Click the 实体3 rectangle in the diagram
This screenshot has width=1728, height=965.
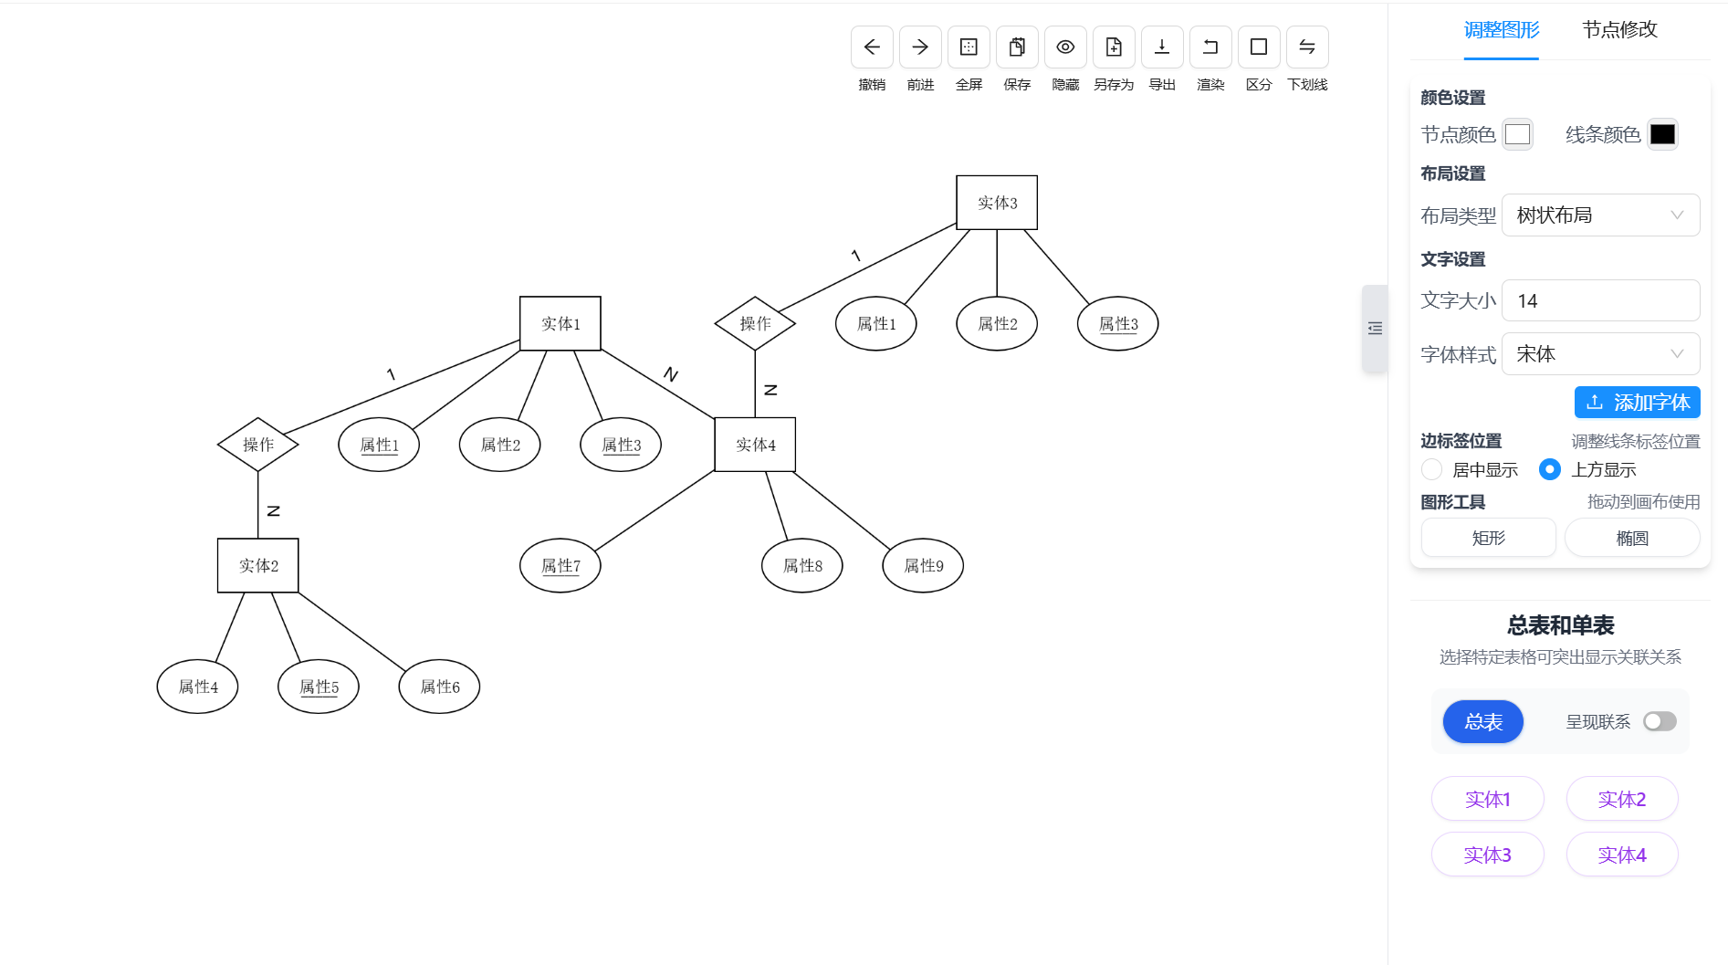pos(996,203)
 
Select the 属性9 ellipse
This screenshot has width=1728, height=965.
pos(923,566)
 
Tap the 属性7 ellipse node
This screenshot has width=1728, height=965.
pos(560,566)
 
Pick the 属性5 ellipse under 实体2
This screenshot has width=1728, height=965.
pos(318,687)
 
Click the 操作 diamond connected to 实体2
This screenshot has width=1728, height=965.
pos(258,445)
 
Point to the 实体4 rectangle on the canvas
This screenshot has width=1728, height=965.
pos(755,445)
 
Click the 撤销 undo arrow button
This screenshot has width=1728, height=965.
pos(872,47)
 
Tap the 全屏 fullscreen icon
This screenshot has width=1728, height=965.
pos(969,47)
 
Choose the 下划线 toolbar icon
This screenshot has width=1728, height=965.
pos(1306,47)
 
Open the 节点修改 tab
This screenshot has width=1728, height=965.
pos(1619,30)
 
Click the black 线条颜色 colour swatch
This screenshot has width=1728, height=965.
pos(1662,134)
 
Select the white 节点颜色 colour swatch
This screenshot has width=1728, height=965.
pos(1517,134)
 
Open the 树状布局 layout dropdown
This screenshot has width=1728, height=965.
pos(1600,215)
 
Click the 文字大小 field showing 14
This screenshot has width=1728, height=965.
pos(1600,301)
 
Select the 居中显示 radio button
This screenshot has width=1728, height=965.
pos(1432,469)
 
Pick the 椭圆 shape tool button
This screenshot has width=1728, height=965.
pos(1632,538)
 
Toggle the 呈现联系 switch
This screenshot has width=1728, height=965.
pos(1660,722)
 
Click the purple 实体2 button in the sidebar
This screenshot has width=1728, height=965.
pos(1621,800)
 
